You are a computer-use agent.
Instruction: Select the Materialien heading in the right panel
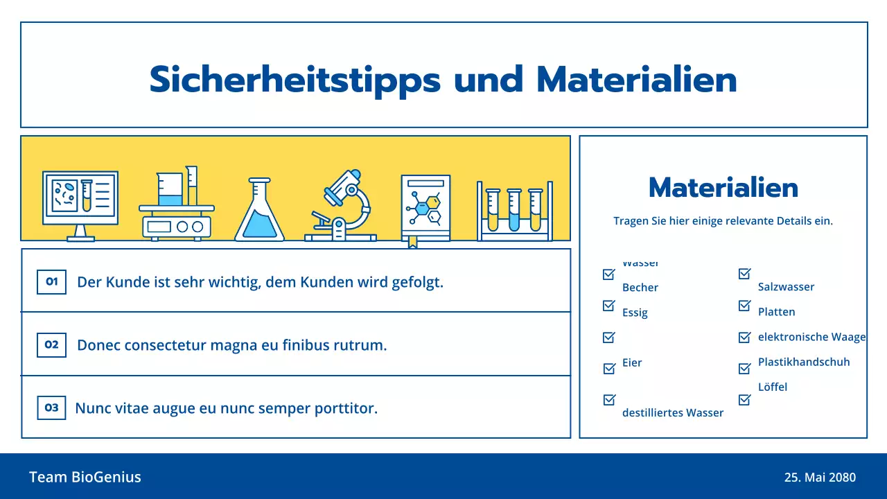(723, 187)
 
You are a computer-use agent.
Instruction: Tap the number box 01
(51, 282)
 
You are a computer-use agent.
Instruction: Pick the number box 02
(51, 344)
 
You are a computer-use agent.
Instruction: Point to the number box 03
(51, 408)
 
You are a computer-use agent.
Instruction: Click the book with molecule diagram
(425, 209)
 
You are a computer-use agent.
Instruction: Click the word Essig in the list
(635, 313)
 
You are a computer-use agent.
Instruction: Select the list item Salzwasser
(786, 287)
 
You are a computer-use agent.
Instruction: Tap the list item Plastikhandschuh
(803, 362)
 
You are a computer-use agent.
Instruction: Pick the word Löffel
(772, 387)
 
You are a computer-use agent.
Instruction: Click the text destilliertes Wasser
(672, 413)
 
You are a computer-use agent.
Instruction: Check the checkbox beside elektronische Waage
(744, 338)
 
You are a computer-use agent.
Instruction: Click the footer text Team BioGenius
(85, 477)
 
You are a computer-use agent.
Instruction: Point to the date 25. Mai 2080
(820, 478)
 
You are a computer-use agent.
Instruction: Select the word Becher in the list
(640, 288)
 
